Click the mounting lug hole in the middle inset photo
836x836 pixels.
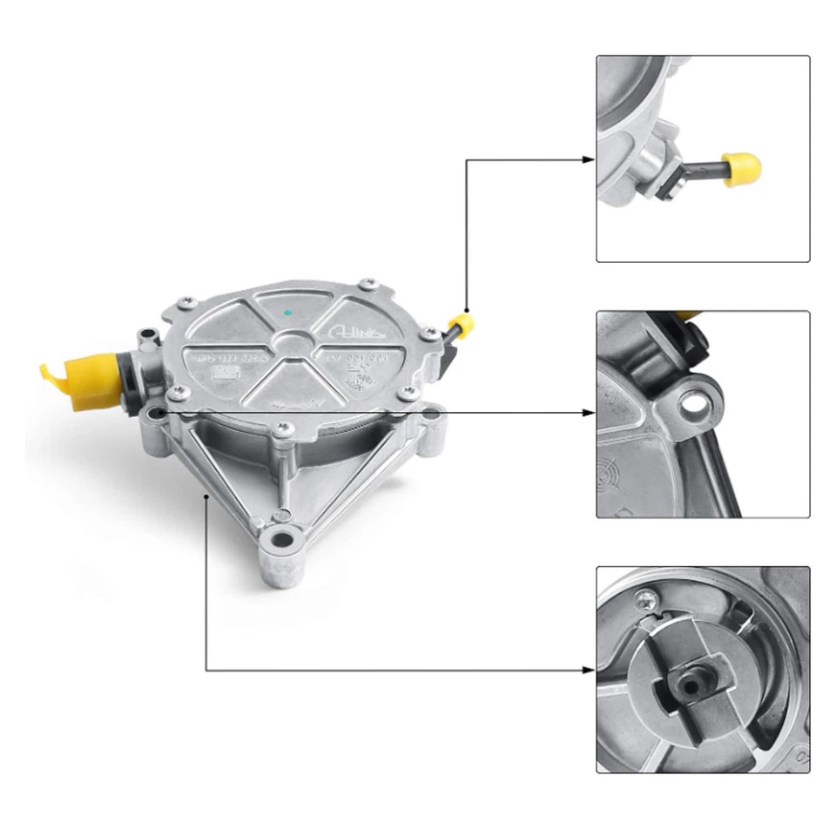pos(694,402)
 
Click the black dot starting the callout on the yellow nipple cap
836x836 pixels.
pos(467,311)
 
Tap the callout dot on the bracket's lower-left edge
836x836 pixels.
pos(206,496)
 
